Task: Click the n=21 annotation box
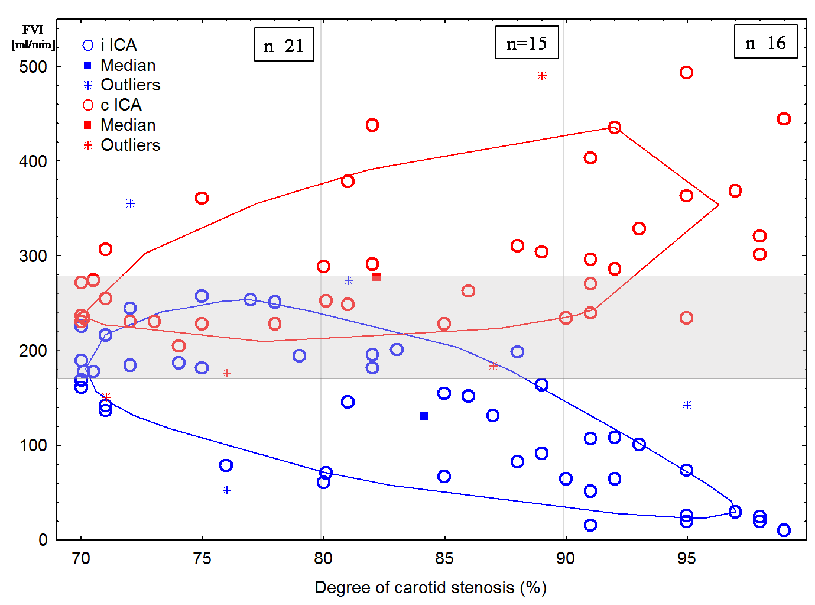coord(284,45)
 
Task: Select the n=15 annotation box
coord(527,43)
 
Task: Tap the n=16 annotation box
coord(765,42)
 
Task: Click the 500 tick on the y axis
coord(33,67)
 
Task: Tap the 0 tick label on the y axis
coord(43,540)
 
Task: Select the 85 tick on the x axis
coord(444,558)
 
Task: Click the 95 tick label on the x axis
coord(686,558)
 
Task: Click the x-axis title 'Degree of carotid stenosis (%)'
coord(430,588)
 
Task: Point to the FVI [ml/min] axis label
coord(33,37)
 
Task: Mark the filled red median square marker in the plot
coord(376,277)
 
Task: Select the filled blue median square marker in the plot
coord(424,416)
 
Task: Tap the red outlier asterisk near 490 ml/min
coord(542,76)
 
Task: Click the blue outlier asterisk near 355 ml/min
coord(131,204)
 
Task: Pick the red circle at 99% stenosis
coord(784,119)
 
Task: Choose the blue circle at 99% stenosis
coord(784,530)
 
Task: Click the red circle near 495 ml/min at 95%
coord(686,73)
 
